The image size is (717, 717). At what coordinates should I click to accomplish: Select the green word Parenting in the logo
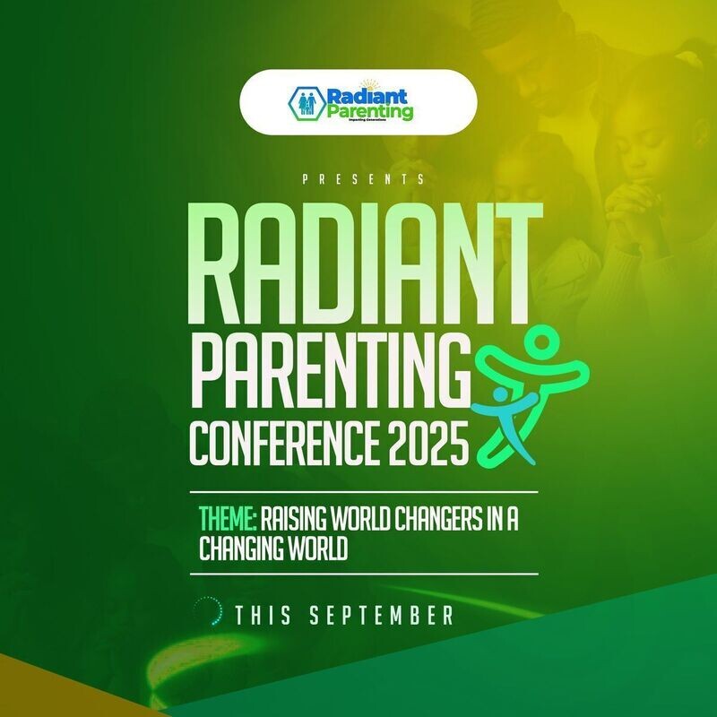point(369,113)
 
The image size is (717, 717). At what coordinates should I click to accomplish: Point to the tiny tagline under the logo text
point(368,125)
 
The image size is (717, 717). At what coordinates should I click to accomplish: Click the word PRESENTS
point(363,180)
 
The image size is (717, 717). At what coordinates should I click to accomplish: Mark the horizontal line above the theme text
point(367,492)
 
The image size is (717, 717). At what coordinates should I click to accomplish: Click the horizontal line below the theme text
point(367,574)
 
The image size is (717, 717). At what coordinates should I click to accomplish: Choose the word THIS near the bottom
point(265,616)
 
